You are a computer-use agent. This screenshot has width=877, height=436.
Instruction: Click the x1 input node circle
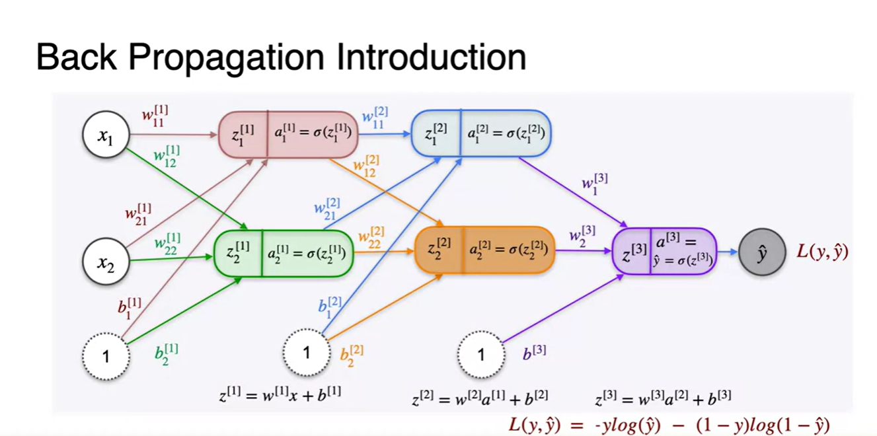tap(105, 135)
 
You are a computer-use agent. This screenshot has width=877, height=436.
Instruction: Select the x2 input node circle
tap(105, 262)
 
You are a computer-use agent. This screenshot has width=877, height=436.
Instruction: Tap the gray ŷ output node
tap(762, 252)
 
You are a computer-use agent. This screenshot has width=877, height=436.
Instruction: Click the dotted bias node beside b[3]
tap(480, 354)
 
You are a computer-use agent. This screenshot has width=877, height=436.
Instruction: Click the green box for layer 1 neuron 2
tap(284, 252)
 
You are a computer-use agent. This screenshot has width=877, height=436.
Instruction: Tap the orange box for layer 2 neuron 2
tap(484, 251)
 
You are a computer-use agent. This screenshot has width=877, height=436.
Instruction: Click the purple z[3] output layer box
tap(664, 251)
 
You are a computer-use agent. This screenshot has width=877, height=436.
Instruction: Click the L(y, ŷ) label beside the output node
tap(822, 252)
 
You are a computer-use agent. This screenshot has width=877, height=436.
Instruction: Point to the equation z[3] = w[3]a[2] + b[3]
tap(663, 397)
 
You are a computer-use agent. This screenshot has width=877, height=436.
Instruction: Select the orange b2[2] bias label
tap(351, 355)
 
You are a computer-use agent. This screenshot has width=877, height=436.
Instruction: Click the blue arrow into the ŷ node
tap(727, 252)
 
